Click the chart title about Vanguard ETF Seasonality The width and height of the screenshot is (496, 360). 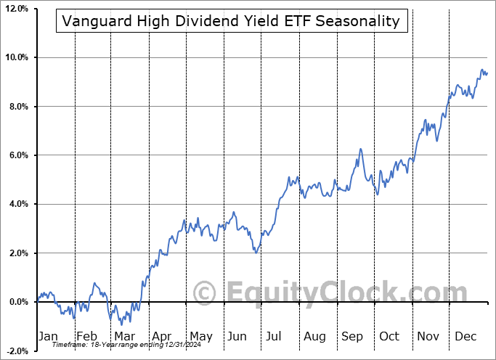[231, 21]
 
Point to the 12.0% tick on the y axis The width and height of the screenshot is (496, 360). [16, 9]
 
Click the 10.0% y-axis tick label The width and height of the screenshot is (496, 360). [16, 57]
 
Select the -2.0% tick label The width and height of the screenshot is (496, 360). [17, 351]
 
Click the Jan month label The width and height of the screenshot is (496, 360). [47, 336]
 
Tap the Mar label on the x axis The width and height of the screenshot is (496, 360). [123, 336]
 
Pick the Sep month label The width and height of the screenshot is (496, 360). [352, 336]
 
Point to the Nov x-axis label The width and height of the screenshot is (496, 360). [428, 336]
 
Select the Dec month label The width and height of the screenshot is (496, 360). [466, 336]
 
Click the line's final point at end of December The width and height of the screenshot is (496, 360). [487, 73]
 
